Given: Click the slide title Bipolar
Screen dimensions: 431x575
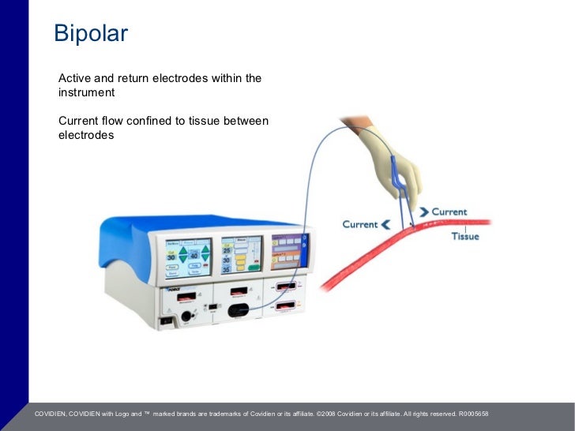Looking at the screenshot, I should click(90, 34).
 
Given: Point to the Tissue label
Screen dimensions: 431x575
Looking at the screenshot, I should click(464, 237).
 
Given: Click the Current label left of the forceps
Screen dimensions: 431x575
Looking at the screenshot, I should click(359, 224).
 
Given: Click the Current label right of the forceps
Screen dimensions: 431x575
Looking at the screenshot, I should click(449, 212).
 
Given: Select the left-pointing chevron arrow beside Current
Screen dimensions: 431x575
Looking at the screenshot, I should click(385, 224).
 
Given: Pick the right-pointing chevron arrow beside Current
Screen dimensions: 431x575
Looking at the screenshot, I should click(424, 212).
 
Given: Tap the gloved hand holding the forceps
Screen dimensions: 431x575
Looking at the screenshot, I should click(389, 154).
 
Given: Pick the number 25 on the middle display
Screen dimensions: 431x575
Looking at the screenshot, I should click(227, 250).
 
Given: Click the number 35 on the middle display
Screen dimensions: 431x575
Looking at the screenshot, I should click(227, 269).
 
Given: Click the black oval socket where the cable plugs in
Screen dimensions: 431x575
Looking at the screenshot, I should click(238, 310).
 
